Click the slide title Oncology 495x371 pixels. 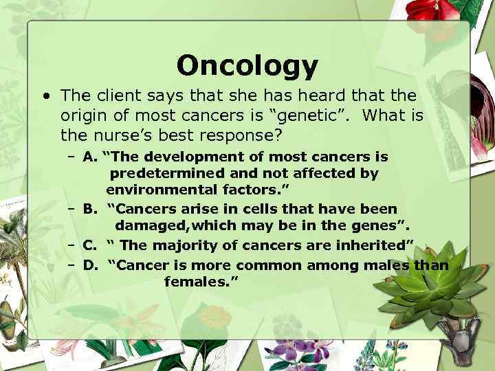point(247,66)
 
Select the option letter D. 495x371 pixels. point(89,265)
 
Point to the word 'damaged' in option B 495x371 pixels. point(145,226)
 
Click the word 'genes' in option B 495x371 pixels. point(377,226)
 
